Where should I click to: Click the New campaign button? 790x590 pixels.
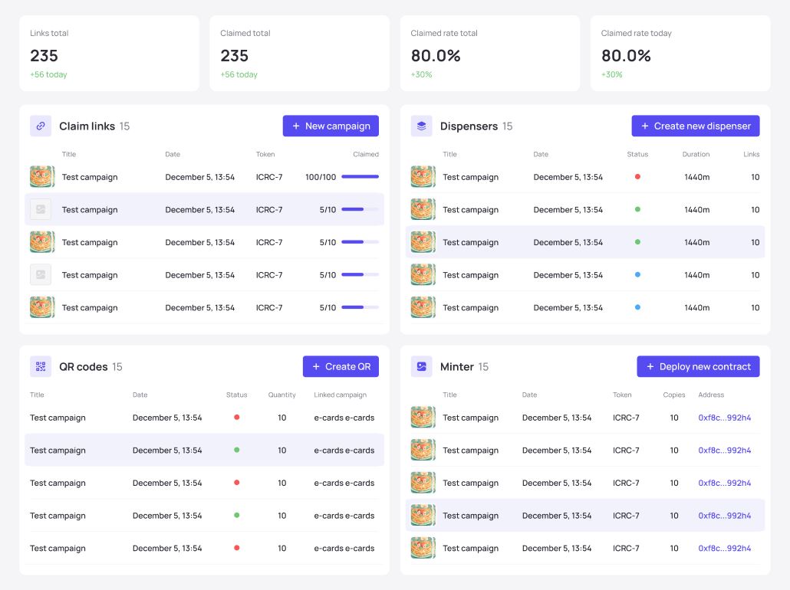(x=331, y=126)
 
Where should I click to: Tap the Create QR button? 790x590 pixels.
(x=341, y=367)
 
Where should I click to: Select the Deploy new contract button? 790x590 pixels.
(x=698, y=367)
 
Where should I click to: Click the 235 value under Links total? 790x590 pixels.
(x=44, y=56)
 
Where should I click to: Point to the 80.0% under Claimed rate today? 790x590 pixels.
(x=626, y=56)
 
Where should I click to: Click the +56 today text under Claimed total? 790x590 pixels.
(x=239, y=75)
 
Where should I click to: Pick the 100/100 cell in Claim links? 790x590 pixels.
(x=321, y=177)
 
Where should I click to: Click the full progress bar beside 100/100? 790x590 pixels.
(x=360, y=177)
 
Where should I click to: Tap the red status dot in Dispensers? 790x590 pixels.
(x=637, y=177)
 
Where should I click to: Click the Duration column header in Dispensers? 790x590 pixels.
(x=696, y=155)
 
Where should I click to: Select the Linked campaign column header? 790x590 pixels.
(x=340, y=395)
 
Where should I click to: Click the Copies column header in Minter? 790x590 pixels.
(x=674, y=395)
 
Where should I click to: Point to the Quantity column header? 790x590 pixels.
(x=281, y=395)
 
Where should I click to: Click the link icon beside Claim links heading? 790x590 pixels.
(x=41, y=126)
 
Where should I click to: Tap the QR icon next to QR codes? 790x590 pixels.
(x=41, y=367)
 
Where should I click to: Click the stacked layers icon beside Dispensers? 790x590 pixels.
(x=421, y=126)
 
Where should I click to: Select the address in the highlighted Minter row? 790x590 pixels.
(x=724, y=516)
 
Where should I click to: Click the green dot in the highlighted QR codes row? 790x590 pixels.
(x=236, y=451)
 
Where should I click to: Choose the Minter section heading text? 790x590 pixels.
(x=456, y=367)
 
